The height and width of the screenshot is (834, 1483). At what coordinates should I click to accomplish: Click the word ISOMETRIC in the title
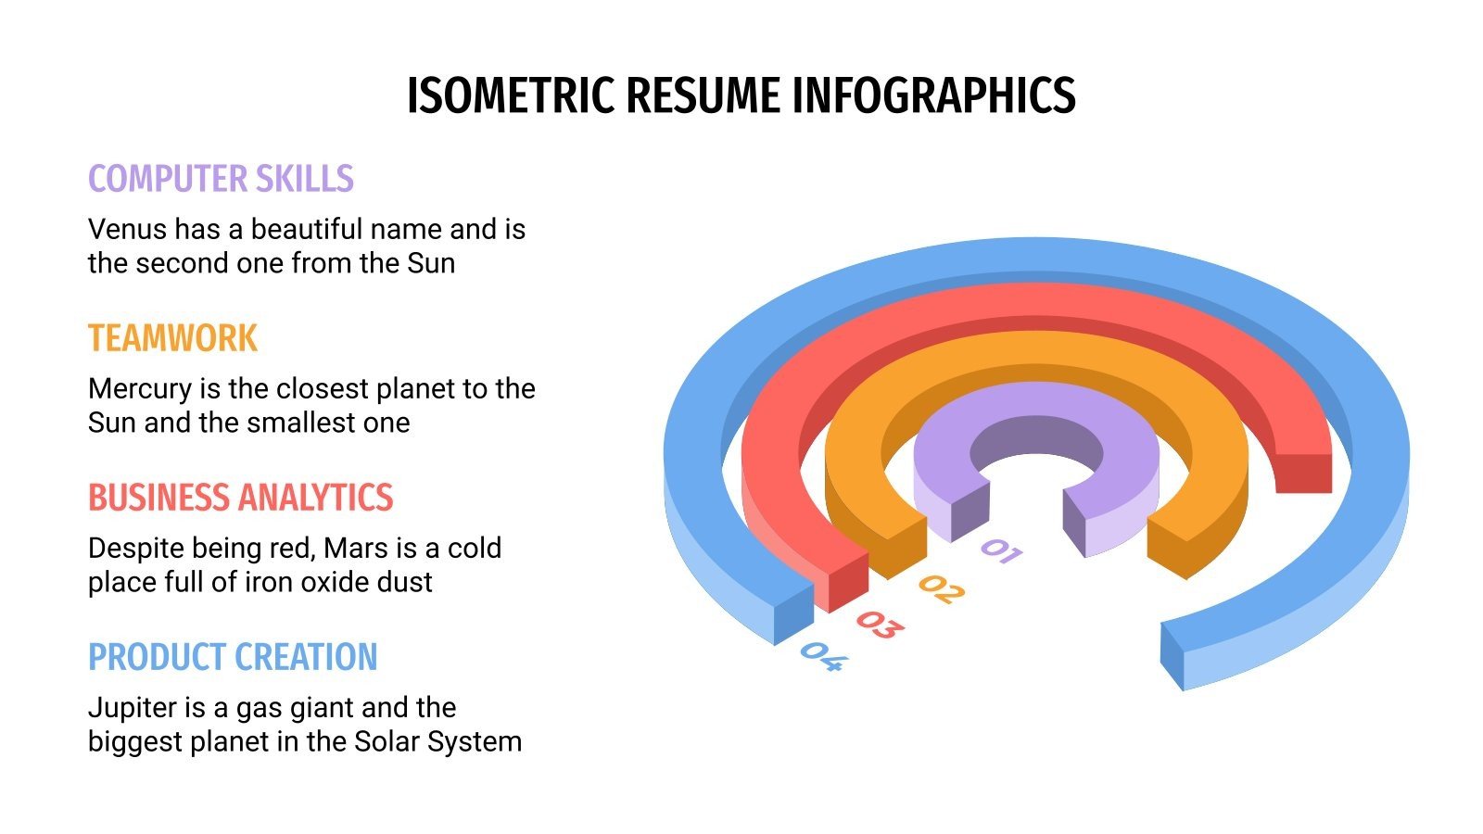coord(512,95)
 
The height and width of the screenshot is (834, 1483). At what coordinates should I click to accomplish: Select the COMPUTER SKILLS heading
coord(221,179)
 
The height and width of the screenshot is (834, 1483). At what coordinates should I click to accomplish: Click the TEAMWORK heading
coord(172,338)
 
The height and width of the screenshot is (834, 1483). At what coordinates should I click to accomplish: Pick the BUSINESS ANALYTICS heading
coord(240,498)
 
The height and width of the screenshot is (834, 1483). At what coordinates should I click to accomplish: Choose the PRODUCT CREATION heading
coord(233,657)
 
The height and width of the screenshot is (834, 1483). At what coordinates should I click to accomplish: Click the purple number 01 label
coord(1001,551)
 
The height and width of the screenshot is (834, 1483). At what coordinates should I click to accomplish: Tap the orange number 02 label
coord(941,589)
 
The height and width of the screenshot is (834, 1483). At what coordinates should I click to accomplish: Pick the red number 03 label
coord(879,625)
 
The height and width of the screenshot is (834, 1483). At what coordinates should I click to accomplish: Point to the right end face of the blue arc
coord(1172,656)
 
